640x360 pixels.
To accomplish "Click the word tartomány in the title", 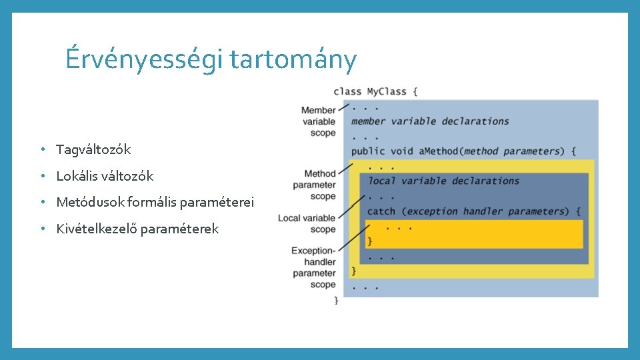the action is (293, 60).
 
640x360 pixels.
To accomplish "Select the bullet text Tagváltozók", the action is (93, 149).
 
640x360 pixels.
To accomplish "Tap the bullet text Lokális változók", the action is (105, 176).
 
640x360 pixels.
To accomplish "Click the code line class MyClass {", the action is (375, 91).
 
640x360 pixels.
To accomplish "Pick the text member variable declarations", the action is (430, 121).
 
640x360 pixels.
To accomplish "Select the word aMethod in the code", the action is (439, 151).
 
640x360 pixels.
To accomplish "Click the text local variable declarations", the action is (443, 181).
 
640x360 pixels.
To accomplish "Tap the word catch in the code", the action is (381, 211).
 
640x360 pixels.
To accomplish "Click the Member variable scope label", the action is (319, 121).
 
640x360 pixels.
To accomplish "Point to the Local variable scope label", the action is (307, 223).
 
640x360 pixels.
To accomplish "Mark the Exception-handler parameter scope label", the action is (314, 267).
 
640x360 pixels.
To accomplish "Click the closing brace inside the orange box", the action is (370, 241).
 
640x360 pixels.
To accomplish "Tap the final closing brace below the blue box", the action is (336, 301).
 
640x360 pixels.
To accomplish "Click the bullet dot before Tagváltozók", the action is (41, 149).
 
